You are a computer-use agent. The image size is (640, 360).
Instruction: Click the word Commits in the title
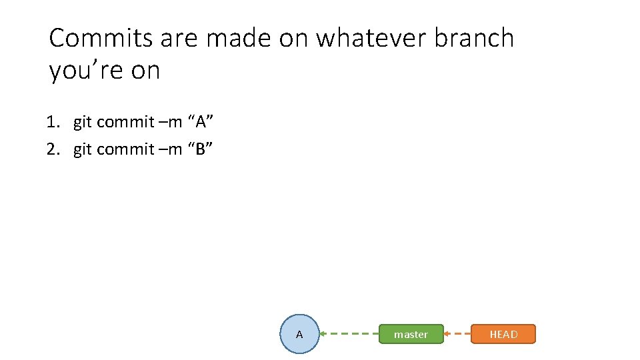pos(101,38)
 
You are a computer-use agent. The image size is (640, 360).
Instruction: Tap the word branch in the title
pos(474,38)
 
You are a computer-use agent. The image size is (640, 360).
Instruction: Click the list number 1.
pos(52,122)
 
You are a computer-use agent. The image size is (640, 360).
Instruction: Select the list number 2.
pos(52,149)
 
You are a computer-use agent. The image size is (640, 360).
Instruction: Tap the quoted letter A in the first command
pos(201,122)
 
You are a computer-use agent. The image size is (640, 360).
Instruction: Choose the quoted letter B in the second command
pos(201,149)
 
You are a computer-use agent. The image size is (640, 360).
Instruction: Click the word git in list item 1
pos(82,122)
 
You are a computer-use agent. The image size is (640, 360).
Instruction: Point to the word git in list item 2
pos(82,149)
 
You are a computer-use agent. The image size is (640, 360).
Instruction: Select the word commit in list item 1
pos(125,122)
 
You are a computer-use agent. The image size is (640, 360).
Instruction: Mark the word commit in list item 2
pos(125,149)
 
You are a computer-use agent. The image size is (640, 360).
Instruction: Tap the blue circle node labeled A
pos(299,334)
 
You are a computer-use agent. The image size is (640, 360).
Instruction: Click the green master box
pos(411,334)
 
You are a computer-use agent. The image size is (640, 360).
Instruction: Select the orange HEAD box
pos(503,334)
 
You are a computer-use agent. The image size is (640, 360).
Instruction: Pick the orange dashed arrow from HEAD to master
pos(457,333)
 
